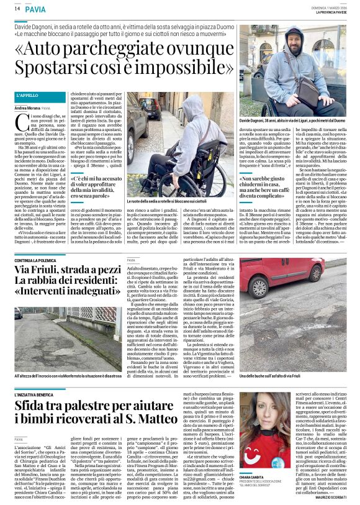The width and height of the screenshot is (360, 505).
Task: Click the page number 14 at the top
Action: point(17,8)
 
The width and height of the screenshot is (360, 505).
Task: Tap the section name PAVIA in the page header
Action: point(35,9)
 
